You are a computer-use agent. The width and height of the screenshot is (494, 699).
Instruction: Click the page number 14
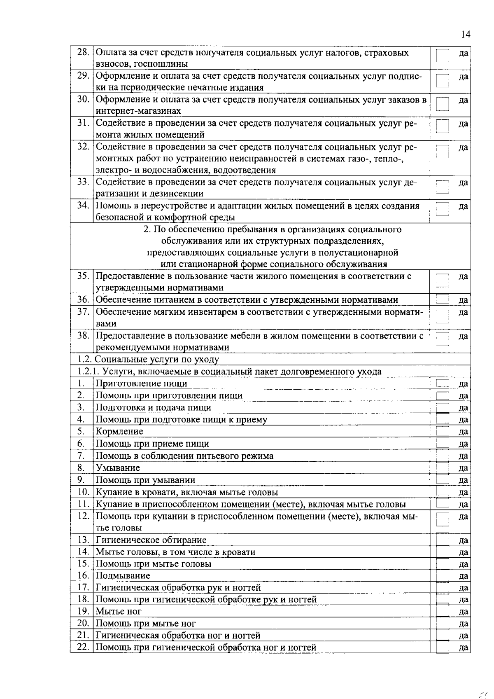click(x=465, y=34)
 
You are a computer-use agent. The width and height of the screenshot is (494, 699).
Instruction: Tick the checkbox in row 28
click(x=443, y=59)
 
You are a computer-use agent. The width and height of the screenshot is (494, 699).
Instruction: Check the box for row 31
click(x=443, y=126)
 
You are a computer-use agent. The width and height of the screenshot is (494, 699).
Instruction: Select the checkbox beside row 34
click(x=443, y=209)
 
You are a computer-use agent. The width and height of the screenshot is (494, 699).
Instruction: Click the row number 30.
click(x=84, y=99)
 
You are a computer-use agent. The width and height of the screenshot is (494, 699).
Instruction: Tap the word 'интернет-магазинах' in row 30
click(x=138, y=111)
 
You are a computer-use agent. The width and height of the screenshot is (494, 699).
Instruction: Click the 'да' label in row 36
click(x=463, y=300)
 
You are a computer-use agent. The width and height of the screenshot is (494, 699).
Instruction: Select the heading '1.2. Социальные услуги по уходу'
click(x=149, y=360)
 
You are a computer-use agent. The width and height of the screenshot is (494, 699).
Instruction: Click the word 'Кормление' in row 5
click(x=119, y=432)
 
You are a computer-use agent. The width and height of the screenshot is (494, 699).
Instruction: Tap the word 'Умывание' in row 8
click(x=118, y=468)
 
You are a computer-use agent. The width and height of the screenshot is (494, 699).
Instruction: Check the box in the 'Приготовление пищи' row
click(x=443, y=384)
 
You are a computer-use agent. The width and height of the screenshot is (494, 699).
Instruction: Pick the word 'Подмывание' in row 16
click(x=123, y=576)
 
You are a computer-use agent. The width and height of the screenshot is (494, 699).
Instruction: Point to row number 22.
click(x=83, y=647)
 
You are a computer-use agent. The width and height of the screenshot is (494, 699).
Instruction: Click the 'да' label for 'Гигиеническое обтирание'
click(x=463, y=540)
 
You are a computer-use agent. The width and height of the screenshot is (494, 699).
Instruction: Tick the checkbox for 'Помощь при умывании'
click(x=443, y=480)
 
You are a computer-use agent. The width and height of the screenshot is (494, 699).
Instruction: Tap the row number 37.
click(x=84, y=312)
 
